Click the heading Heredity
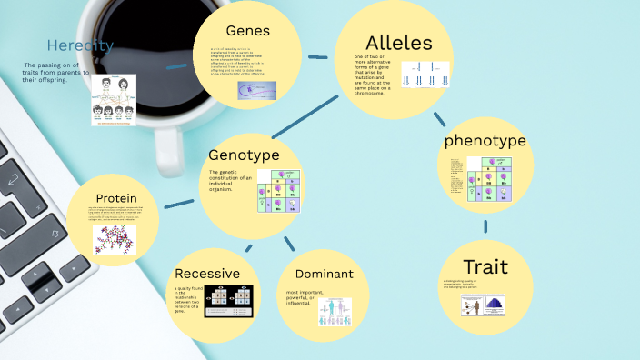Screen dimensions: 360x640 (x=80, y=45)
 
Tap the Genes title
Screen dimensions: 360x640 (x=248, y=32)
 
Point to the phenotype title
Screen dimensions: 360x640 (x=485, y=141)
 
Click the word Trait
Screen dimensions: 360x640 (x=485, y=266)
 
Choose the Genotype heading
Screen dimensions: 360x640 (x=243, y=155)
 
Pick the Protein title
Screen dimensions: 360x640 (x=116, y=198)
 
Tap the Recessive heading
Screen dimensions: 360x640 (x=207, y=273)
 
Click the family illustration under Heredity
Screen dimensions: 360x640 (x=113, y=99)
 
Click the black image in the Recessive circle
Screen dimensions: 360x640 (x=228, y=302)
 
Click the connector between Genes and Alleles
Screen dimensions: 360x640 (x=317, y=57)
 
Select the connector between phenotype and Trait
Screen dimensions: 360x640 (x=485, y=225)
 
